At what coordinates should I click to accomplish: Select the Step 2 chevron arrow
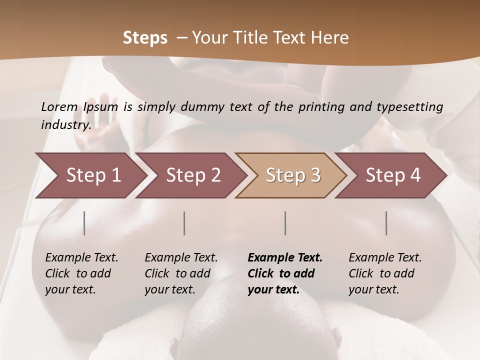click(193, 175)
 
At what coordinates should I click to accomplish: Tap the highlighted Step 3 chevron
click(293, 175)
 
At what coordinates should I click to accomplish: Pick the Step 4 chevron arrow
click(393, 175)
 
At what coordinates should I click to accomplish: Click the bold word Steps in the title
click(145, 38)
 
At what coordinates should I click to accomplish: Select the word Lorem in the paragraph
click(59, 107)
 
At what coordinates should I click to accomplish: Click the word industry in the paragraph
click(65, 124)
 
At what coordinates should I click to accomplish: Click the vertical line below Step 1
click(84, 223)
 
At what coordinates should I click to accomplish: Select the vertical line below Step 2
click(184, 223)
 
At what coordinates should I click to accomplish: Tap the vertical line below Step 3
click(285, 223)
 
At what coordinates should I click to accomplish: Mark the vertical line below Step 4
click(386, 223)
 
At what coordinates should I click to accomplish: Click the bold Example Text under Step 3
click(285, 258)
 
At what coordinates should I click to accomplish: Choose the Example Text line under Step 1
click(81, 258)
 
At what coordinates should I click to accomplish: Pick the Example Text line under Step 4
click(385, 258)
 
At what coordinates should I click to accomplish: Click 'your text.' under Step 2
click(170, 289)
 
